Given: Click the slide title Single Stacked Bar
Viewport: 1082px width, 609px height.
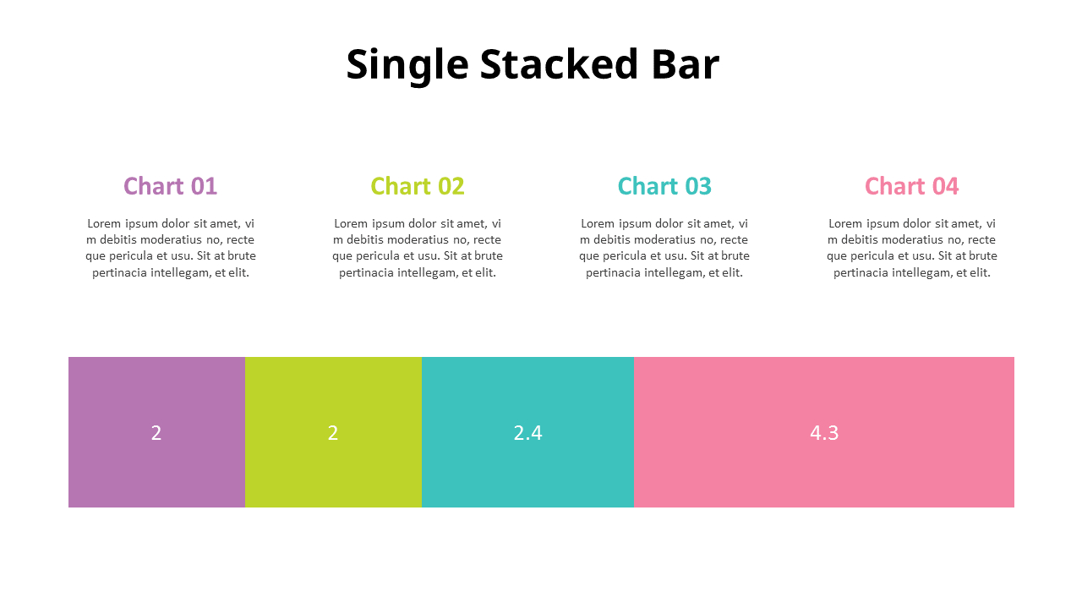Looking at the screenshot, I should click(533, 65).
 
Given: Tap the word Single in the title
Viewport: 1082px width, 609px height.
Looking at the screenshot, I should click(407, 65).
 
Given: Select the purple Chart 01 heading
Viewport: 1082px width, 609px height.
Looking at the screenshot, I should click(170, 186).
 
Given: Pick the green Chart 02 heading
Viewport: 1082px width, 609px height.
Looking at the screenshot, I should click(418, 186).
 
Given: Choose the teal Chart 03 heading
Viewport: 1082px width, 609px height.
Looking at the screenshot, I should click(664, 186).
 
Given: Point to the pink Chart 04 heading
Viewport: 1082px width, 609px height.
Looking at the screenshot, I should click(911, 186).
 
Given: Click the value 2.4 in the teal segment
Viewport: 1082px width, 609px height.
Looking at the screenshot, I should click(527, 433).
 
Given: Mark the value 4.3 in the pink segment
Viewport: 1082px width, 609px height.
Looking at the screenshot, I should click(824, 433).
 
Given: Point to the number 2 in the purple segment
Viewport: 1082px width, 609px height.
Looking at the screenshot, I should click(156, 433).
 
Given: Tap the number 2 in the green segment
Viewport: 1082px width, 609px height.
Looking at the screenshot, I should click(333, 433).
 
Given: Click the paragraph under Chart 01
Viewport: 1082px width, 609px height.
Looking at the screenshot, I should click(170, 248).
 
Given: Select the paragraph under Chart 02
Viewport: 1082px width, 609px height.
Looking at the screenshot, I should click(418, 248).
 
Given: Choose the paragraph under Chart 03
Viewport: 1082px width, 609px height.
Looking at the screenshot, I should click(664, 248).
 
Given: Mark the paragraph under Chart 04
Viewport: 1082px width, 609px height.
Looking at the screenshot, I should click(911, 248).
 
